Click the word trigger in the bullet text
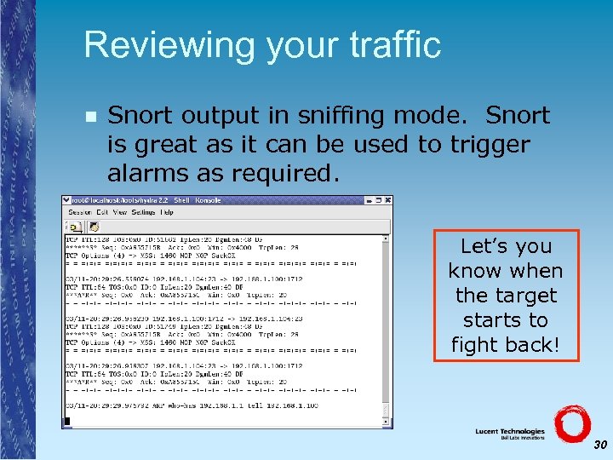[x=490, y=145]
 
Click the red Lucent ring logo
[x=571, y=423]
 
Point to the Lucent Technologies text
[x=510, y=432]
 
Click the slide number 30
[x=600, y=445]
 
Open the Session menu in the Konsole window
[x=80, y=212]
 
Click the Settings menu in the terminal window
[x=143, y=212]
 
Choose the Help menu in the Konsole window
[x=167, y=212]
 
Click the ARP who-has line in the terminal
[x=192, y=406]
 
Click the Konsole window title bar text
[x=145, y=201]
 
